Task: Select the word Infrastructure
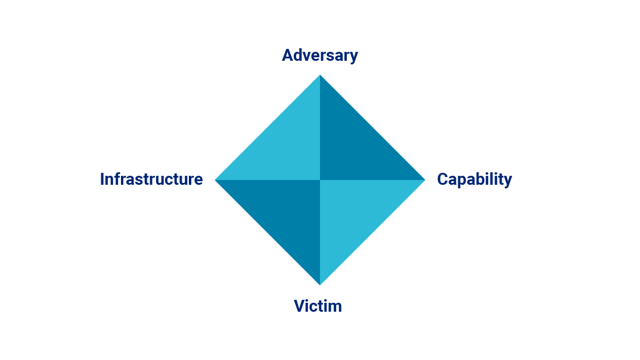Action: [x=151, y=179]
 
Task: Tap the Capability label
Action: [x=474, y=179]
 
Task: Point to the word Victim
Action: [x=318, y=306]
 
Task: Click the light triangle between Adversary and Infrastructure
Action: [x=285, y=145]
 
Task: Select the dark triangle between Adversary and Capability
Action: [x=355, y=145]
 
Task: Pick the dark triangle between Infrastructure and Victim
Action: [x=285, y=215]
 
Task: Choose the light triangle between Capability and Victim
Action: [x=355, y=215]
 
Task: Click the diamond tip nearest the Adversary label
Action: [x=320, y=75]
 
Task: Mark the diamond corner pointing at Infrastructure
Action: [x=216, y=180]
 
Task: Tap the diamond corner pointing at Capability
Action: [x=425, y=180]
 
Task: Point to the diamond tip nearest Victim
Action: [x=320, y=285]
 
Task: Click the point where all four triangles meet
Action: [x=320, y=180]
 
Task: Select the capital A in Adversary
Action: [x=287, y=55]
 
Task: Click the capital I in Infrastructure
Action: [x=102, y=179]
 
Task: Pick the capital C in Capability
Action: [x=442, y=179]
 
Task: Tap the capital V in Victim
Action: [x=300, y=306]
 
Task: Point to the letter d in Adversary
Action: [x=299, y=55]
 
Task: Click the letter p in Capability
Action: [x=464, y=182]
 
